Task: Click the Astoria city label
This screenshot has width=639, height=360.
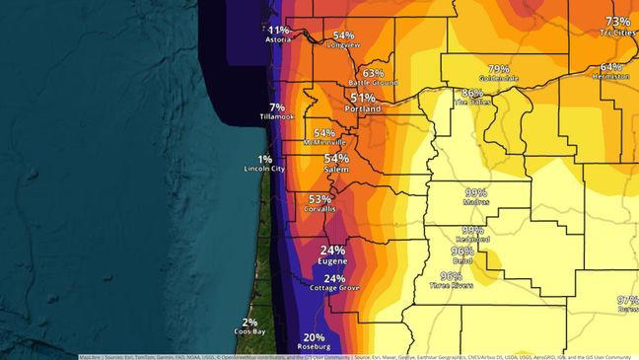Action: [x=279, y=41]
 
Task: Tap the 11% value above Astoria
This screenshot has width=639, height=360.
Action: [x=279, y=31]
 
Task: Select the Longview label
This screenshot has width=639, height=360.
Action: [x=343, y=45]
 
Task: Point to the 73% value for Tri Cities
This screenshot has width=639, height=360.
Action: [x=618, y=22]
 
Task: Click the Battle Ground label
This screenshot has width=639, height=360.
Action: [x=373, y=83]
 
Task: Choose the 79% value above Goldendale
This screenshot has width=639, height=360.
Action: [x=499, y=68]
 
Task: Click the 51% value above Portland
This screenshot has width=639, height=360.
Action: [x=362, y=98]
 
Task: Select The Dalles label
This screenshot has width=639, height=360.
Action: [x=472, y=103]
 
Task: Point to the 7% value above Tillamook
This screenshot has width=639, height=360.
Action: [x=277, y=107]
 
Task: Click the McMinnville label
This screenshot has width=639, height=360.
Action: [x=323, y=143]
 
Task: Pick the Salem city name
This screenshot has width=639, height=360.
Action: [x=336, y=170]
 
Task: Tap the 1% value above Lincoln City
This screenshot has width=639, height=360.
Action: [x=265, y=159]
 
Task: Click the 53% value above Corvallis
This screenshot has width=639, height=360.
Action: [x=319, y=198]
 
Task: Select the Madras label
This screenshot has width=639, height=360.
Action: [x=476, y=203]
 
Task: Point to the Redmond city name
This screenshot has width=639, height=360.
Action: [x=472, y=240]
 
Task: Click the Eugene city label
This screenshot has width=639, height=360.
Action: [x=332, y=263]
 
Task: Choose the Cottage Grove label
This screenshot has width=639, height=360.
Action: [x=333, y=290]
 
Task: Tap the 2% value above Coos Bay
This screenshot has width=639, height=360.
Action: [x=250, y=322]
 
